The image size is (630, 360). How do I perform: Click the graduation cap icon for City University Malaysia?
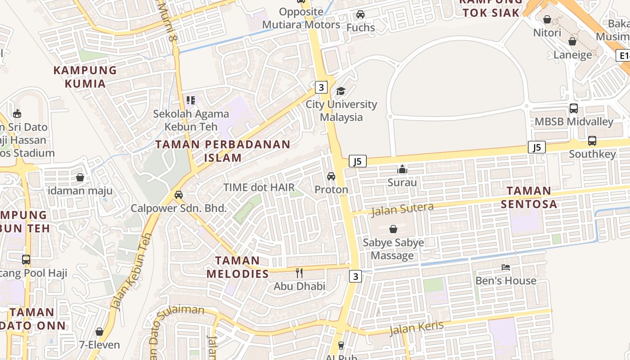pyautogui.click(x=341, y=91)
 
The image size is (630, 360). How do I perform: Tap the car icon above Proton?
pyautogui.click(x=331, y=176)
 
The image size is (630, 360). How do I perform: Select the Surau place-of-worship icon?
pyautogui.click(x=402, y=170)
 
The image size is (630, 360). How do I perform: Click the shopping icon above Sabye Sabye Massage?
pyautogui.click(x=393, y=229)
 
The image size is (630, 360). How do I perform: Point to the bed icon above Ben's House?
pyautogui.click(x=506, y=267)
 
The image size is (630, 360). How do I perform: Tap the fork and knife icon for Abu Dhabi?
pyautogui.click(x=299, y=273)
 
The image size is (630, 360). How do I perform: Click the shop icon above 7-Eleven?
pyautogui.click(x=99, y=332)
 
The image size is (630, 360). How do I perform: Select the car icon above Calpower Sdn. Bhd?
pyautogui.click(x=179, y=195)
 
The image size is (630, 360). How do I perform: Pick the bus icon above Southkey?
pyautogui.click(x=592, y=141)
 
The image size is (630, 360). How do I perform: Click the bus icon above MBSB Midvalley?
pyautogui.click(x=574, y=108)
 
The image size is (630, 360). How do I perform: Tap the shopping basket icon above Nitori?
pyautogui.click(x=547, y=19)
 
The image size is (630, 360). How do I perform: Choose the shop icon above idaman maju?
pyautogui.click(x=80, y=177)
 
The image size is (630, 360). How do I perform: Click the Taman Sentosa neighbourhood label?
pyautogui.click(x=529, y=197)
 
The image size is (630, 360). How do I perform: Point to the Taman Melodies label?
pyautogui.click(x=238, y=267)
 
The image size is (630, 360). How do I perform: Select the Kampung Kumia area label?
pyautogui.click(x=85, y=76)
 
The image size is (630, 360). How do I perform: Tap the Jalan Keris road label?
pyautogui.click(x=416, y=328)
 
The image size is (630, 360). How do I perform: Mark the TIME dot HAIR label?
pyautogui.click(x=259, y=187)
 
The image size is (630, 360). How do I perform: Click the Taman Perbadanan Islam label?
pyautogui.click(x=223, y=151)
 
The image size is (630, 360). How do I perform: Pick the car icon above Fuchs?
pyautogui.click(x=360, y=14)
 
